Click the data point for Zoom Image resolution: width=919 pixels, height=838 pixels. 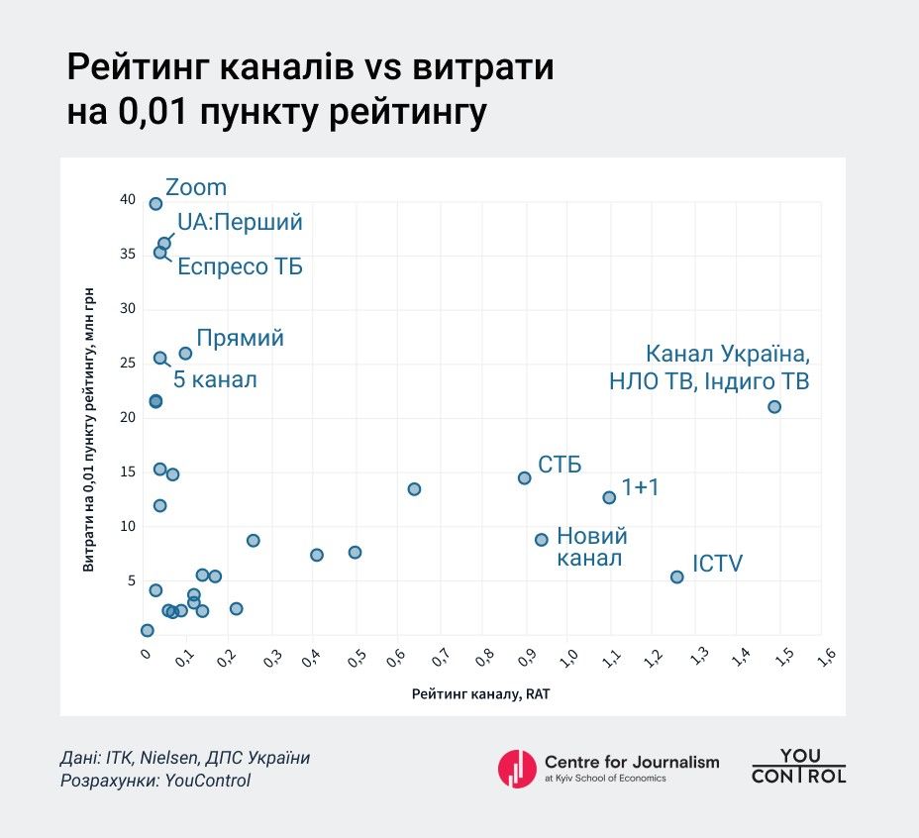pos(155,204)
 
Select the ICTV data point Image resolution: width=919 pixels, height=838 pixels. pos(677,576)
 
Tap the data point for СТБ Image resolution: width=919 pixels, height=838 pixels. pos(525,478)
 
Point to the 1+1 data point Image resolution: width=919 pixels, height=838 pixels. pos(609,497)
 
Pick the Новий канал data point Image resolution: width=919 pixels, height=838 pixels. pos(542,540)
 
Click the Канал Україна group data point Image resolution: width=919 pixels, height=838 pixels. pos(774,407)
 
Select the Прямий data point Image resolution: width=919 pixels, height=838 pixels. pos(185,354)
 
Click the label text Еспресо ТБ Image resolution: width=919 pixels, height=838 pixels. pos(240,267)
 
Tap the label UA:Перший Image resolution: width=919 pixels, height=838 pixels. pos(240,222)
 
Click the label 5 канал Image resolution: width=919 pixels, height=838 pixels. pos(215,378)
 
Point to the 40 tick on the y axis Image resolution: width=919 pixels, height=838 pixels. pos(128,200)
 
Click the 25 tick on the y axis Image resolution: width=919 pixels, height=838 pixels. pos(128,364)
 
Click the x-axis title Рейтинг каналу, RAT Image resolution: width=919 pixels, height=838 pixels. pos(480,694)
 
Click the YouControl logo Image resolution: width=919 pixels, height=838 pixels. pos(798,767)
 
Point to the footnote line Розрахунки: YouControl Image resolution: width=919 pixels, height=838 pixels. pos(156,781)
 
